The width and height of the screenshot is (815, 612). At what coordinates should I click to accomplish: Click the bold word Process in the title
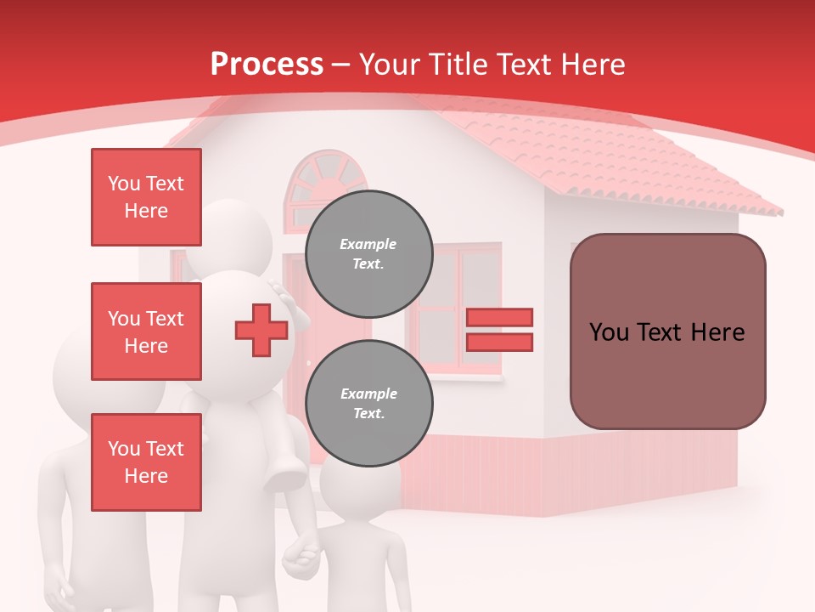tap(267, 65)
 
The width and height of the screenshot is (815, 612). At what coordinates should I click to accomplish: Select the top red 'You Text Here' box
tap(146, 197)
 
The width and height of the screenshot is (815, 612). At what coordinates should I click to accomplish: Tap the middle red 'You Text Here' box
tap(146, 331)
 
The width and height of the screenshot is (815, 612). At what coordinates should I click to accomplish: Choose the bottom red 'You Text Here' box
tap(146, 462)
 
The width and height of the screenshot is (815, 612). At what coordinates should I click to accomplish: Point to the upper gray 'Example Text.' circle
tap(368, 254)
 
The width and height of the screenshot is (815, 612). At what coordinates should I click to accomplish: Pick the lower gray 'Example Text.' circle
tap(368, 404)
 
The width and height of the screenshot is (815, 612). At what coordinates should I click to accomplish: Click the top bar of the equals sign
tap(499, 317)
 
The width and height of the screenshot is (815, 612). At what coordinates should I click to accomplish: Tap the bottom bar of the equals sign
tap(499, 343)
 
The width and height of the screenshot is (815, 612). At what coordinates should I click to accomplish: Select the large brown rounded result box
tap(667, 331)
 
